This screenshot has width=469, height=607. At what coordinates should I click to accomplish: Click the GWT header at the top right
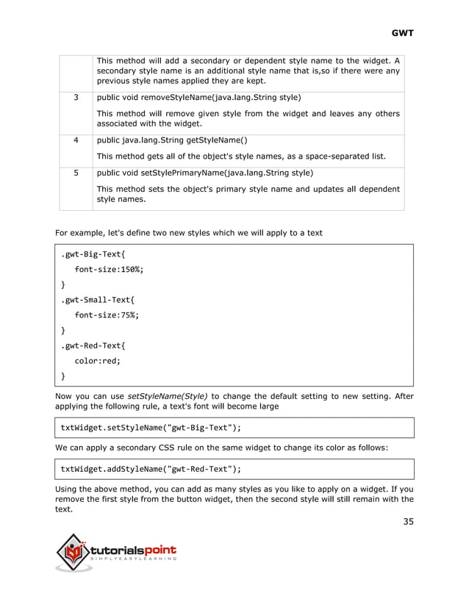pos(402,33)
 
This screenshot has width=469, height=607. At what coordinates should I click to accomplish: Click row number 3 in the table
pos(76,97)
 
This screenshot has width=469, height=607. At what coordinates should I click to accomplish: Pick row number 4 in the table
pos(76,140)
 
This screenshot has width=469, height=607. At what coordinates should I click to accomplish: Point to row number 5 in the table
pos(76,173)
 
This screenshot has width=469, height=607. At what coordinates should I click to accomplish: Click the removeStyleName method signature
pos(198,97)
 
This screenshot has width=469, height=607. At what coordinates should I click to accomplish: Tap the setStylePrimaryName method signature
pos(205,173)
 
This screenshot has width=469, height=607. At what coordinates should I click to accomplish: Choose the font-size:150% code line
pos(109,270)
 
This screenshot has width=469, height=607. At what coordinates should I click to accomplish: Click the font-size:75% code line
pos(107,315)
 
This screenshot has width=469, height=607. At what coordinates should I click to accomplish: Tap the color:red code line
pos(96,361)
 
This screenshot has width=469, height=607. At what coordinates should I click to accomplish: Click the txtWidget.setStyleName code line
pos(151,428)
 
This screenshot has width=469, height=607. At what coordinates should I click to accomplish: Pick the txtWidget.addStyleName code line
pos(151,469)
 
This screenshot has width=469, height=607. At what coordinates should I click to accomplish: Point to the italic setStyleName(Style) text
pos(168,396)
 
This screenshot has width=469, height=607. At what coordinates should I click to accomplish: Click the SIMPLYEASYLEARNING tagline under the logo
pos(132,560)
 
